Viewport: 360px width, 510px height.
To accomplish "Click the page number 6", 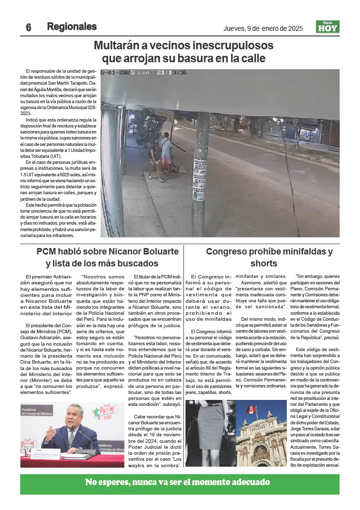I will pyautogui.click(x=29, y=28).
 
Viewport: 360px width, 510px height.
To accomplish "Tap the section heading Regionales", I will pyautogui.click(x=72, y=27).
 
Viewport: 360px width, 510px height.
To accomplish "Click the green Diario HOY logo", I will pyautogui.click(x=328, y=27).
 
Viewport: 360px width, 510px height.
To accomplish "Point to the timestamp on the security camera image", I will pyautogui.click(x=144, y=73).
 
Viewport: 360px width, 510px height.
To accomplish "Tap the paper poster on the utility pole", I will pyautogui.click(x=200, y=179).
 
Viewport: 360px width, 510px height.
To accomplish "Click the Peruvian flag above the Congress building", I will pyautogui.click(x=252, y=410).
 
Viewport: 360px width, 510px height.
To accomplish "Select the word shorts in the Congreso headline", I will pyautogui.click(x=263, y=263).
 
